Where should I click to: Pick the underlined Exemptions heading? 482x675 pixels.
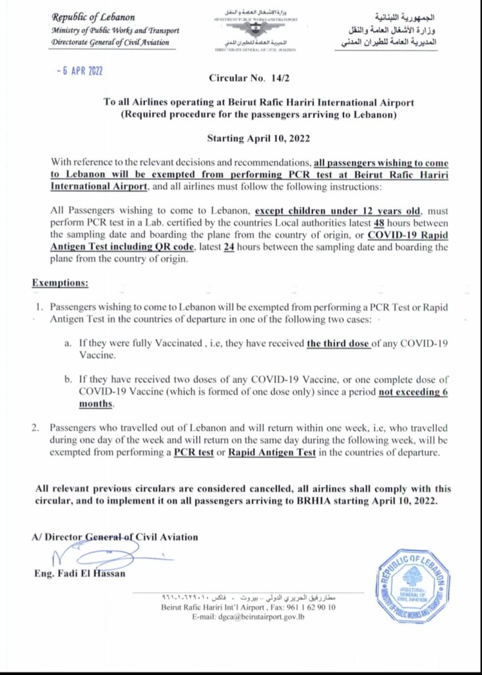click(61, 283)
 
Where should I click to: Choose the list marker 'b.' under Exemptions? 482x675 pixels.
click(67, 380)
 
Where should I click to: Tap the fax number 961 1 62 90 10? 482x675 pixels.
click(311, 606)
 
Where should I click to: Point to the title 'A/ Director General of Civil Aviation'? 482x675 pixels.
click(115, 537)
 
